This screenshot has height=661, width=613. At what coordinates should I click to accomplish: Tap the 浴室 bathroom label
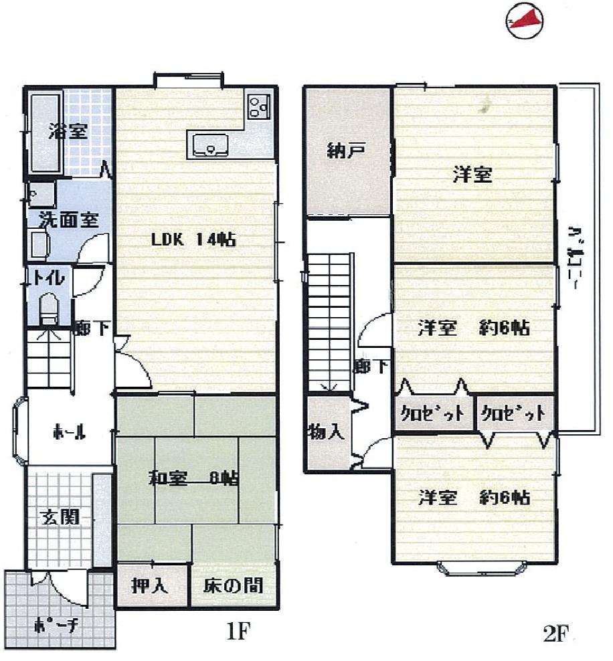67,131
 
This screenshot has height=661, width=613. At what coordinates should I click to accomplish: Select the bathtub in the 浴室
45,131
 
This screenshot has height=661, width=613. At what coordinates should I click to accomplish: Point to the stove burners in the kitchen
259,106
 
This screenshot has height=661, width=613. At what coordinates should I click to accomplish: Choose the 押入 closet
149,586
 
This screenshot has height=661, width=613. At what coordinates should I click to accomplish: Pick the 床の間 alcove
233,586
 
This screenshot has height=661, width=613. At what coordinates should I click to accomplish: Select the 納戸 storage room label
345,150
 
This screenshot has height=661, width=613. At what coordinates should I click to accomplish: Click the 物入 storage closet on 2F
327,432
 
